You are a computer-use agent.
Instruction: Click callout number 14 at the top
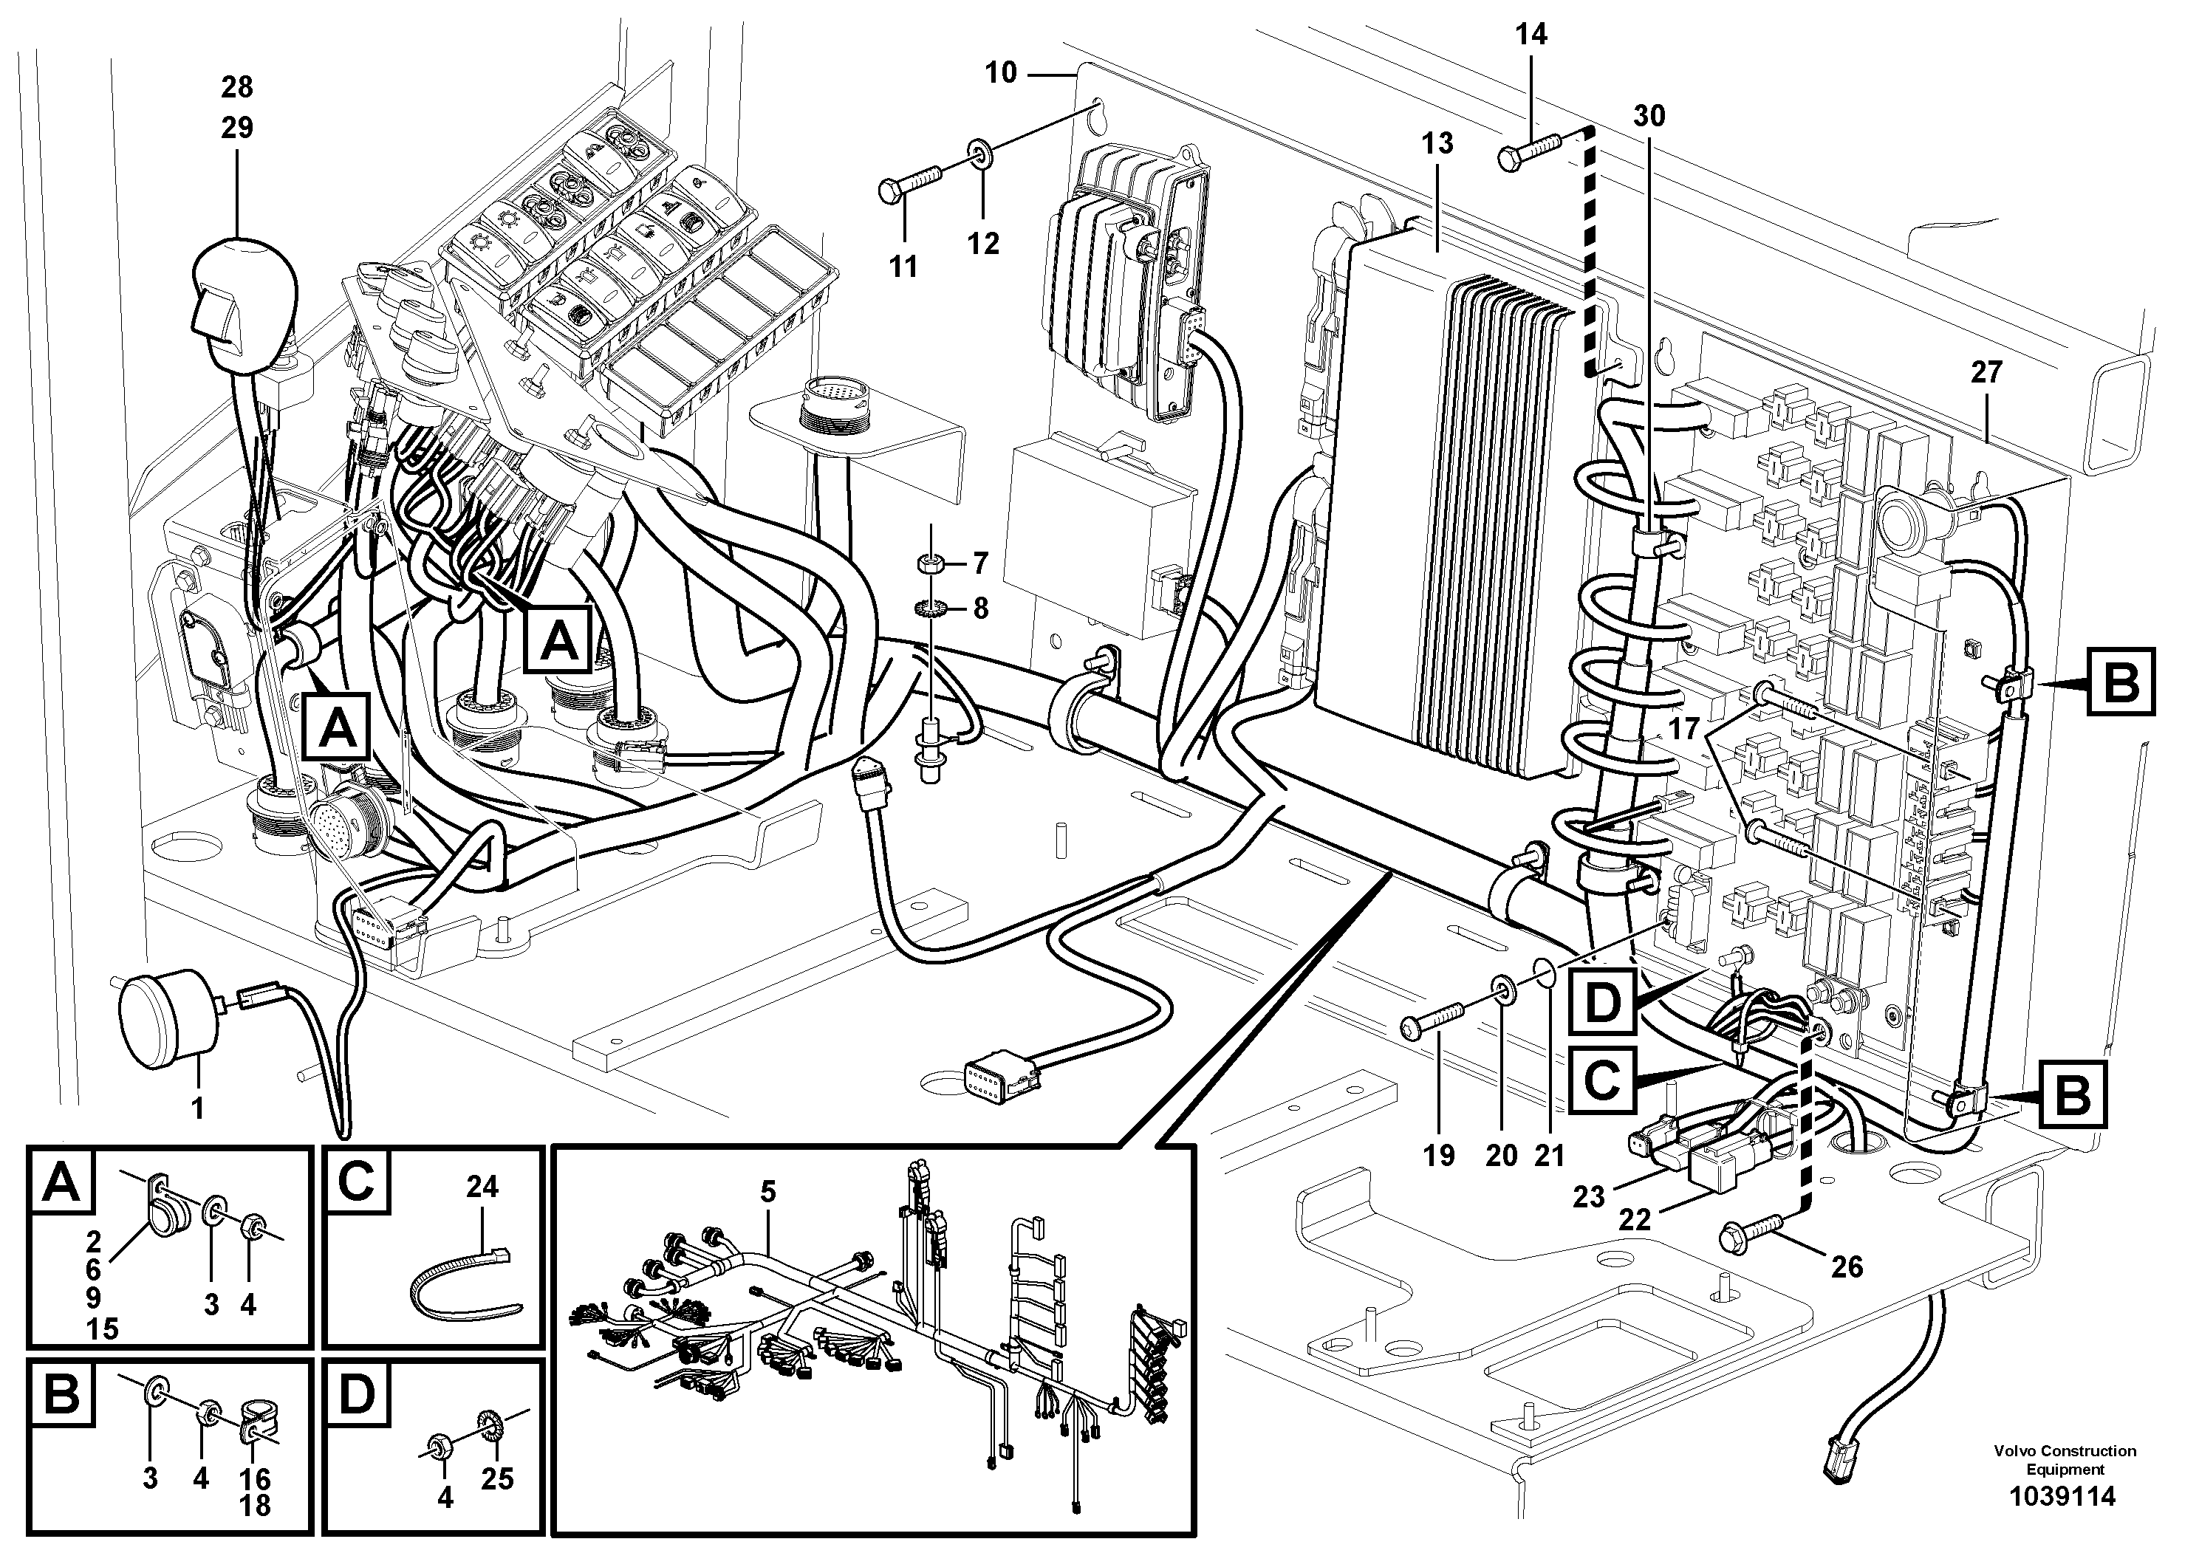point(1531,35)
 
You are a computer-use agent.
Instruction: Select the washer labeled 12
point(979,151)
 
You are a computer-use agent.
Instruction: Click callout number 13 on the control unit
point(1437,143)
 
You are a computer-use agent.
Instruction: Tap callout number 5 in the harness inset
point(768,1193)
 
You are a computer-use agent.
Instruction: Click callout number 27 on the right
point(1986,371)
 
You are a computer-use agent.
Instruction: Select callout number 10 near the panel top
point(1001,73)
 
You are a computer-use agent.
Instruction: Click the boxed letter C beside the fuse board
point(1601,1080)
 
